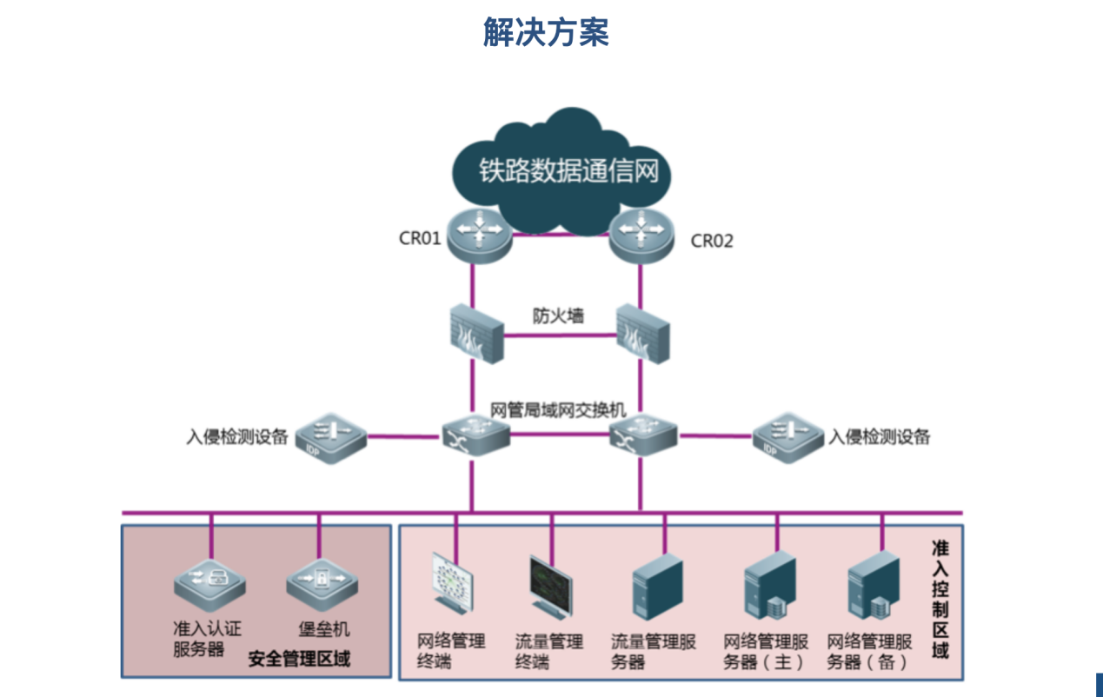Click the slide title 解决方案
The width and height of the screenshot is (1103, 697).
click(x=546, y=32)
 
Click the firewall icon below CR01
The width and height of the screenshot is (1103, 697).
click(x=475, y=334)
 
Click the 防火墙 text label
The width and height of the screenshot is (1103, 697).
click(x=559, y=315)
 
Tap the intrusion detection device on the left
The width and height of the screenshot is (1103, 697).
click(x=331, y=436)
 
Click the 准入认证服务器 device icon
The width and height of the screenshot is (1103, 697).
click(x=209, y=583)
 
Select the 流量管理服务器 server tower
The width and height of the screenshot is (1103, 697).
click(x=657, y=584)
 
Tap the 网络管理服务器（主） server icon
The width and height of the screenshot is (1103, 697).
click(x=770, y=584)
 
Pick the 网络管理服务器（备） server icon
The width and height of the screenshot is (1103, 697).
click(x=874, y=584)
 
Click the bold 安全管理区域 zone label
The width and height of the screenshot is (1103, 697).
click(x=299, y=659)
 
